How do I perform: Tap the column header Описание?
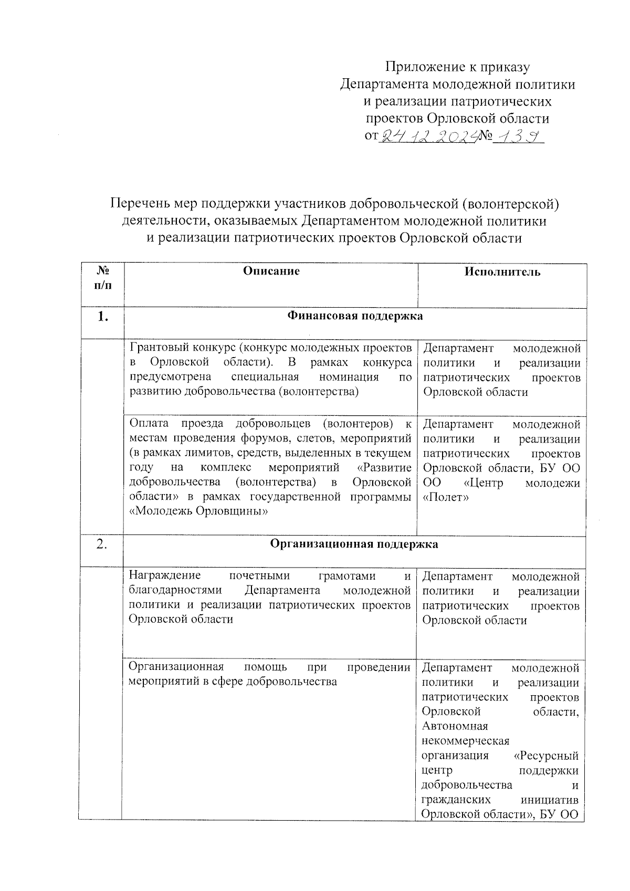tap(271, 271)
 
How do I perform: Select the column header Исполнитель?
tap(502, 271)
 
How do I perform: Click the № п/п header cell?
tap(103, 278)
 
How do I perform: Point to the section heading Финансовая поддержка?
tap(355, 316)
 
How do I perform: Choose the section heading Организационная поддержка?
tap(354, 544)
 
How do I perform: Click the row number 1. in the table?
tap(103, 317)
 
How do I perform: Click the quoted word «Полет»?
tap(445, 497)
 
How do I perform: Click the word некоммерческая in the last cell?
tap(465, 741)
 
